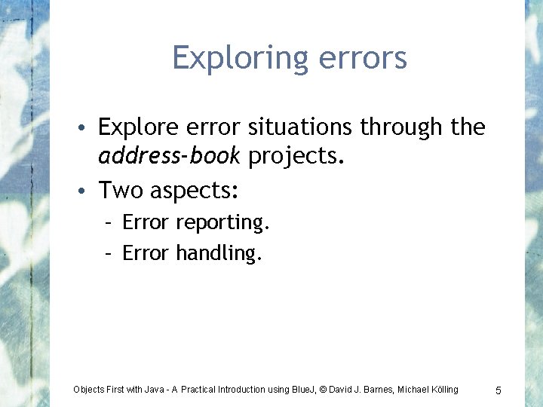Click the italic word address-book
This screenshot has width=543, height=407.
(x=169, y=156)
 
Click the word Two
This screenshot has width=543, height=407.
(x=121, y=190)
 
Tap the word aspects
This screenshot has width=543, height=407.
(x=195, y=191)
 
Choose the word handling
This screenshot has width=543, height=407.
(x=219, y=253)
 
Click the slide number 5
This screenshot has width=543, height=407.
(x=499, y=390)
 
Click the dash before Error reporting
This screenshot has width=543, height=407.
(x=110, y=223)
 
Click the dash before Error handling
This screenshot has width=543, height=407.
(x=110, y=253)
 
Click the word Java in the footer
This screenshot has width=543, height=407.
(x=157, y=390)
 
